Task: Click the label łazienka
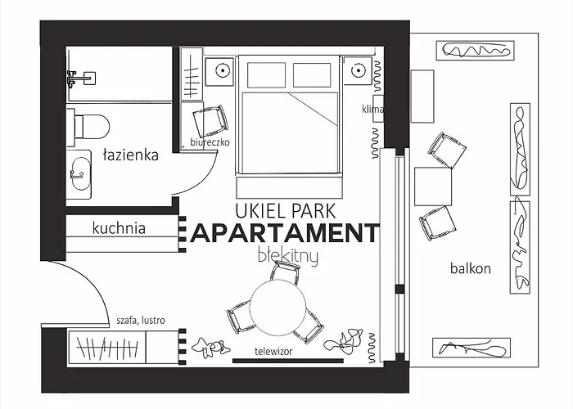click(131, 155)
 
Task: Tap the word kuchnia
click(119, 228)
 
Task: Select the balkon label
click(471, 268)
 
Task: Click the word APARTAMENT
click(285, 233)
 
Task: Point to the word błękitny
click(288, 256)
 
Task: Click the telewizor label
click(273, 351)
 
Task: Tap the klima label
click(372, 109)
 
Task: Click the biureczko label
click(210, 142)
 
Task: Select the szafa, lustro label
click(141, 321)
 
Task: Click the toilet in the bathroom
click(88, 126)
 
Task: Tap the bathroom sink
click(79, 173)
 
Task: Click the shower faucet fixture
click(81, 79)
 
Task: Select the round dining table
click(278, 307)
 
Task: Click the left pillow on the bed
click(266, 75)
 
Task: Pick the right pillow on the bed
click(312, 75)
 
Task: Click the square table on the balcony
click(433, 187)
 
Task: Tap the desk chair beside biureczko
click(210, 121)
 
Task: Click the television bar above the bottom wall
click(288, 361)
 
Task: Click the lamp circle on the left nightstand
click(222, 70)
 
